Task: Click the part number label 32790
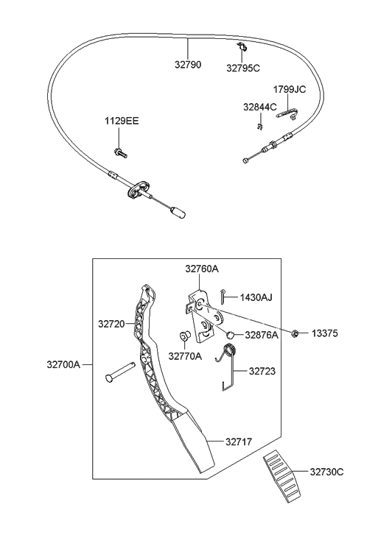coord(187,64)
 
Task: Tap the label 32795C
coord(243,68)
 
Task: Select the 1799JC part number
coord(289,89)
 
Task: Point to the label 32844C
coord(259,107)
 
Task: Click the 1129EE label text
coord(121,120)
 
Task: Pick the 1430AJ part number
coord(256,297)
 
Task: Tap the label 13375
coord(323,333)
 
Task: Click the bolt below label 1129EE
coord(119,153)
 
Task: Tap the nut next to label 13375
coord(294,333)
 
